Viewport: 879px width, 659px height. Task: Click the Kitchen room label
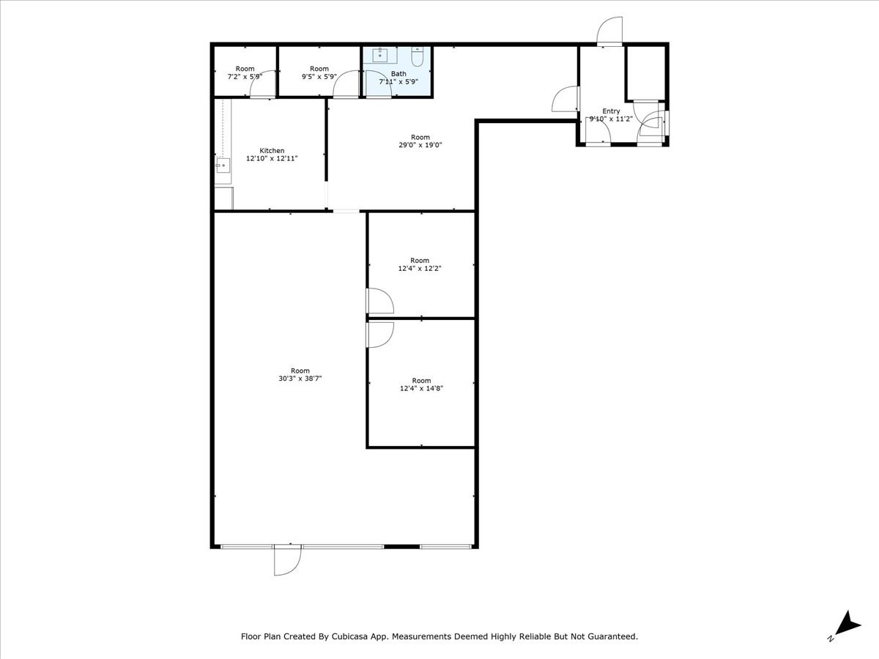click(x=272, y=151)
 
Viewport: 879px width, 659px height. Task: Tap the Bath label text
click(x=398, y=74)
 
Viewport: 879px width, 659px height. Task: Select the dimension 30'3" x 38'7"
click(x=300, y=379)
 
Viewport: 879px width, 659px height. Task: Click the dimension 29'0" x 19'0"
click(x=420, y=145)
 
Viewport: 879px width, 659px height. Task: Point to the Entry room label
click(x=611, y=111)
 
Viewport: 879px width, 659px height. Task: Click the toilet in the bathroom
click(x=418, y=57)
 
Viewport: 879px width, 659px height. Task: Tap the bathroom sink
click(x=380, y=55)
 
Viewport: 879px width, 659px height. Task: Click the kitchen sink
click(x=222, y=165)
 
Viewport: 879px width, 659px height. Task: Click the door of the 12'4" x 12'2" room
click(x=379, y=301)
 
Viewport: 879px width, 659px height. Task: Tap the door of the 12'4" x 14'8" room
click(x=379, y=334)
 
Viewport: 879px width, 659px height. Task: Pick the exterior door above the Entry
click(x=609, y=31)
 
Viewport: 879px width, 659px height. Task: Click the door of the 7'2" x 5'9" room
click(x=262, y=85)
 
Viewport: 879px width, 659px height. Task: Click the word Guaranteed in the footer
click(x=614, y=637)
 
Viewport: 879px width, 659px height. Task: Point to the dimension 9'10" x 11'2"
click(x=611, y=119)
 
